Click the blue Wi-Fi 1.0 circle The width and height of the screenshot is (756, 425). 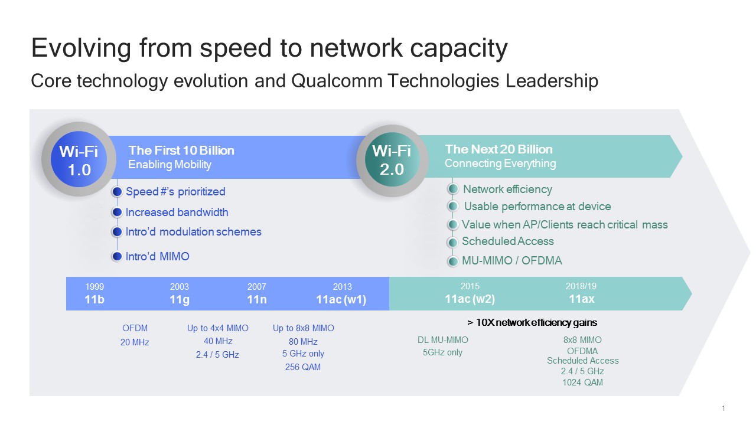79,159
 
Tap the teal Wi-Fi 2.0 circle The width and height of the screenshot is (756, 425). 392,159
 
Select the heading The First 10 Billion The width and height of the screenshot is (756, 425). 181,151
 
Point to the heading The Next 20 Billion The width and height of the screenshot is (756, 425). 499,149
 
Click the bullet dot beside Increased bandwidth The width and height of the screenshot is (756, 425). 117,212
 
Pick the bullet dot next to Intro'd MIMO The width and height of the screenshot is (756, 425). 117,256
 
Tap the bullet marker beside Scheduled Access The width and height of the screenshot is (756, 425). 453,242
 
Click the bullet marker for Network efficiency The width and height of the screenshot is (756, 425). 453,189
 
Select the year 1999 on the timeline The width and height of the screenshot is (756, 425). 94,287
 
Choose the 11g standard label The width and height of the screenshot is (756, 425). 180,299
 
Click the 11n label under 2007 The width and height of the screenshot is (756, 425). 257,299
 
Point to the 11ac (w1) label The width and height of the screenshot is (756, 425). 341,299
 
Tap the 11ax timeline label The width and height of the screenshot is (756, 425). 582,299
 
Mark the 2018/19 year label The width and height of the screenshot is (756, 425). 581,286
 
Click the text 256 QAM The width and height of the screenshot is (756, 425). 303,367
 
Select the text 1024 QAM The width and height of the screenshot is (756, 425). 582,382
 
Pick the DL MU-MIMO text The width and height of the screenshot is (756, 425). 443,340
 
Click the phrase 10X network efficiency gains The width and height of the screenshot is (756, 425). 536,323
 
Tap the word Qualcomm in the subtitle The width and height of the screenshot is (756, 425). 337,81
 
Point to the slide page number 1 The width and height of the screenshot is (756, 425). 724,408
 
